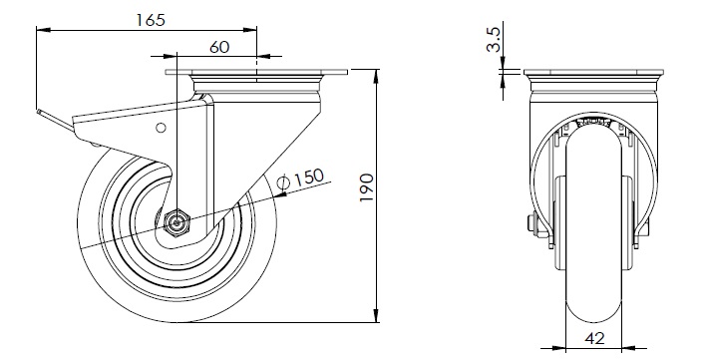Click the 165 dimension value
point(151,20)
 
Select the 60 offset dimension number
point(219,47)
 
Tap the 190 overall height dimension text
point(367,187)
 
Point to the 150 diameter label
point(309,177)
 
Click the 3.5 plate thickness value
point(493,40)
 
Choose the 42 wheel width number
point(594,338)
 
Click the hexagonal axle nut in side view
point(177,222)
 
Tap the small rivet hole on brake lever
point(161,128)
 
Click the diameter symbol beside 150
point(284,182)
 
